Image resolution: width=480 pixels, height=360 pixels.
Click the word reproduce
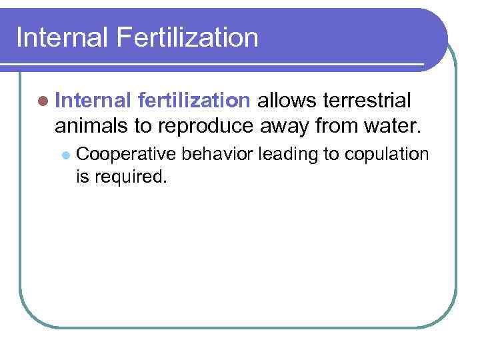205,126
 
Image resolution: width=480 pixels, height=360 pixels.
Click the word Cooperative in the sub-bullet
126,155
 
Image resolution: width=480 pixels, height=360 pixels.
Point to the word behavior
216,154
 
